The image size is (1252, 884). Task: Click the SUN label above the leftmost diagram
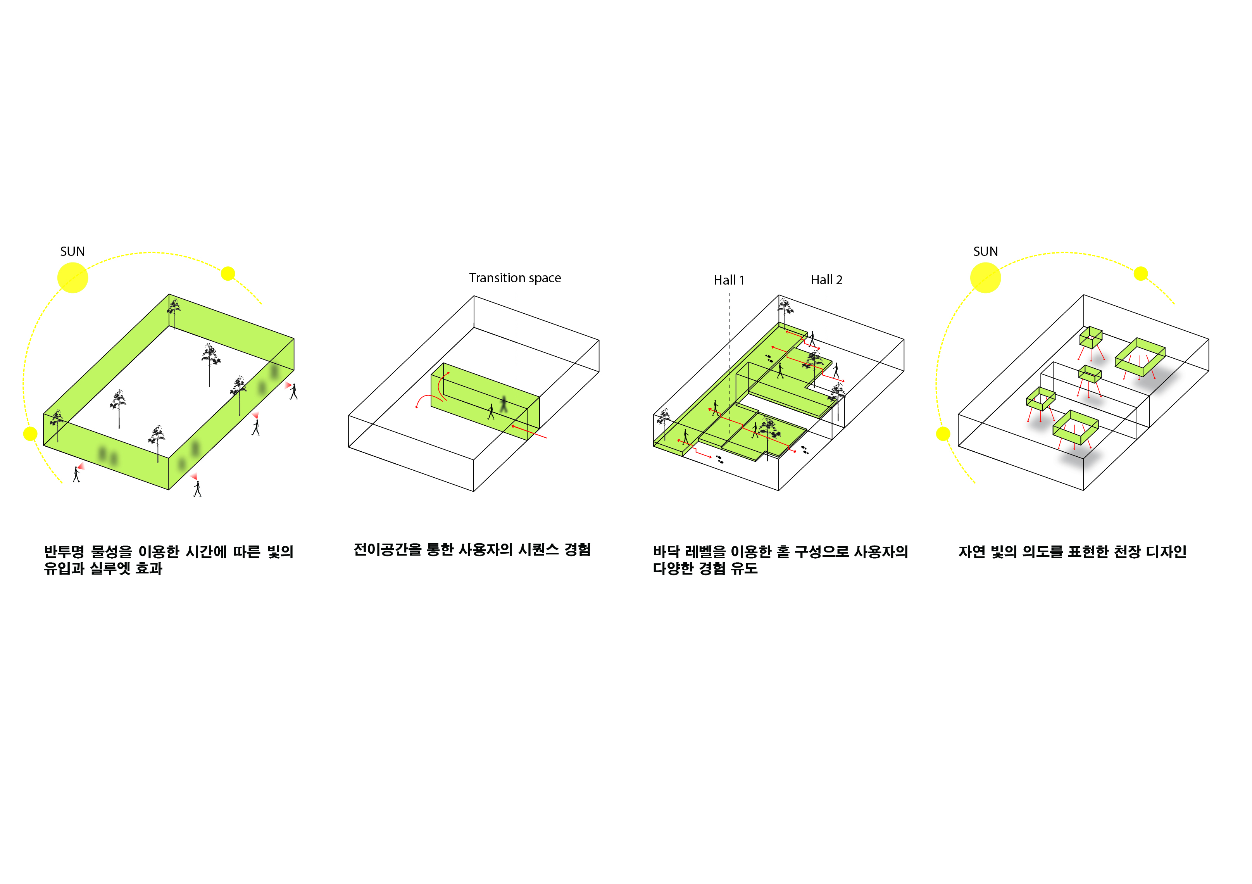72,251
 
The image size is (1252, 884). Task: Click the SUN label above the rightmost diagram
985,251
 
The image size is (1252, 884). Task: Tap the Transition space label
515,278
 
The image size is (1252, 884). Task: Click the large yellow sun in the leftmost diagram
72,278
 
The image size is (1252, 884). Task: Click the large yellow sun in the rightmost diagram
985,278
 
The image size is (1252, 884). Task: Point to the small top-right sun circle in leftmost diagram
228,273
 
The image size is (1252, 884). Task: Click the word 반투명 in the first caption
64,551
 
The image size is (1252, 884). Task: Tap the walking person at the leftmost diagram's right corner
293,391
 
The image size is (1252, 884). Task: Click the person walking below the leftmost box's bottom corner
197,488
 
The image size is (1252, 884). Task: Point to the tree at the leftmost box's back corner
174,313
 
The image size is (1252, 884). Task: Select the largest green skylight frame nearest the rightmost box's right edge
1140,357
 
